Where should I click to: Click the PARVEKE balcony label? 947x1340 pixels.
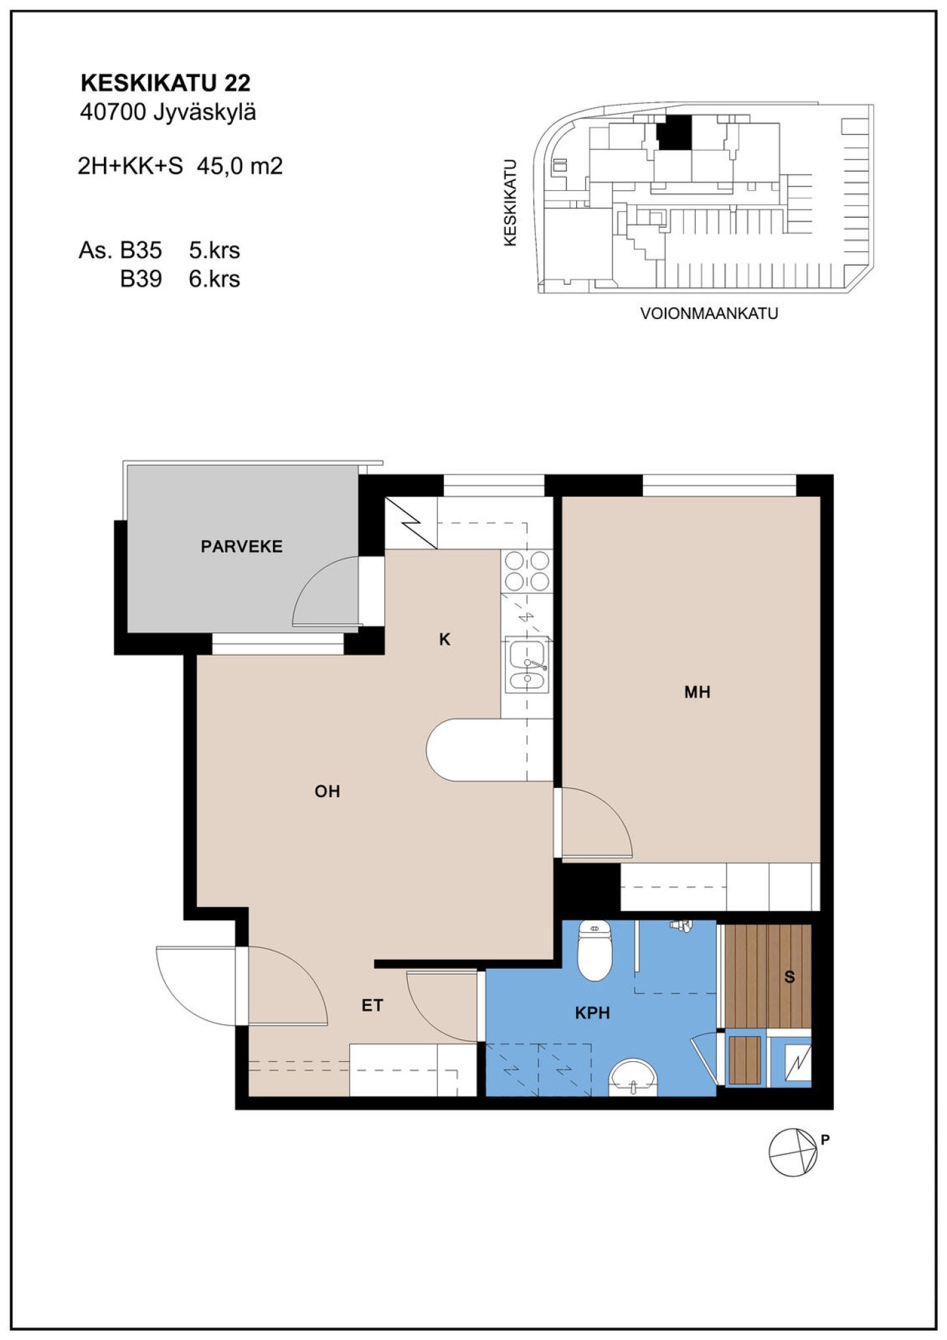click(x=241, y=546)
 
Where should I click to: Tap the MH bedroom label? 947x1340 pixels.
click(x=697, y=692)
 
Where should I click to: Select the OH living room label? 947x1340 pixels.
click(x=327, y=791)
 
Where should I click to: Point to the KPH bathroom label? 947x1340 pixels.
click(x=593, y=1013)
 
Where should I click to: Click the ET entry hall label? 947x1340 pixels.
click(x=372, y=1005)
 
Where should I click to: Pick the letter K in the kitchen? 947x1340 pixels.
click(x=445, y=639)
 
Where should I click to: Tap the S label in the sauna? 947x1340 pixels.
click(x=790, y=977)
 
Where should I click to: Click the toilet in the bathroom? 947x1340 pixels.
click(x=595, y=949)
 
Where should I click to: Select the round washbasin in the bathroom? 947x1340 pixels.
click(x=633, y=1078)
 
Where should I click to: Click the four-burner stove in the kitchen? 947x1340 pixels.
click(x=527, y=571)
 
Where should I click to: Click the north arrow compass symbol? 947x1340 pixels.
click(x=794, y=1152)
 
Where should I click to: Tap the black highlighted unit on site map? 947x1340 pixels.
click(x=675, y=132)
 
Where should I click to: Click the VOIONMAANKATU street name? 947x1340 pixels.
click(x=709, y=314)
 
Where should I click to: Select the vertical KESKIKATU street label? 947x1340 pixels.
click(x=510, y=203)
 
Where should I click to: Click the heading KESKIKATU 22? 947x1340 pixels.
click(x=165, y=84)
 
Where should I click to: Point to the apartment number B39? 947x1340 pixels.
click(x=141, y=279)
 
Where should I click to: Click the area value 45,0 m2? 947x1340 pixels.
click(x=240, y=166)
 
